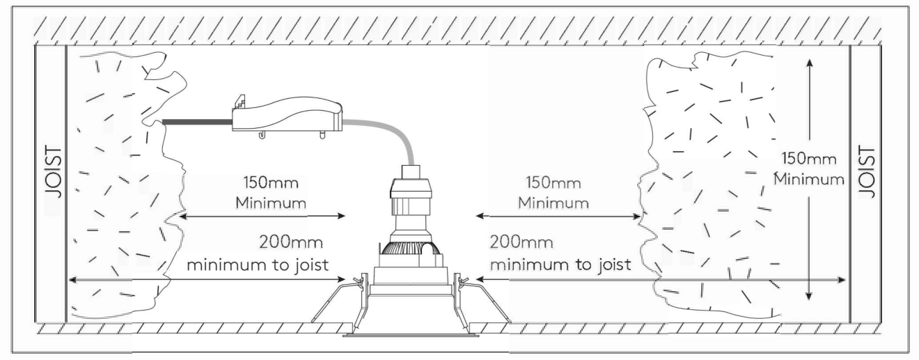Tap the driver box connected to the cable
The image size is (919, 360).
(x=288, y=114)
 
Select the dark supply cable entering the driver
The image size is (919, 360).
(x=196, y=123)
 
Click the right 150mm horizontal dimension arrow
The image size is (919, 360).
(x=557, y=217)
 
